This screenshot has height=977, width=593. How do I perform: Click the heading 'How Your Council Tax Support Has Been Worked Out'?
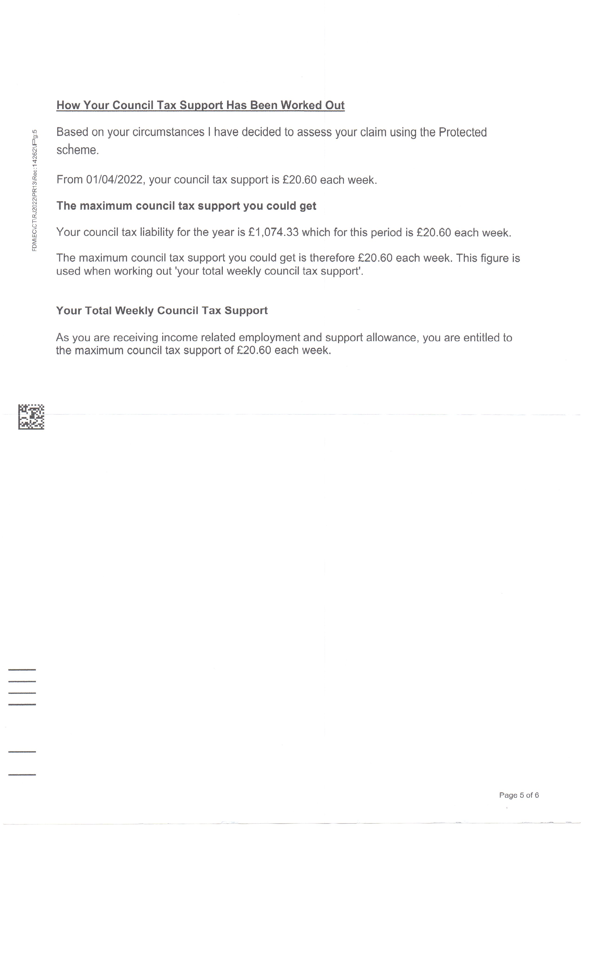(200, 105)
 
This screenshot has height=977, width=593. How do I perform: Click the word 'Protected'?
(462, 132)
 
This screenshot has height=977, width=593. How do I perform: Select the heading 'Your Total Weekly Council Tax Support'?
(162, 311)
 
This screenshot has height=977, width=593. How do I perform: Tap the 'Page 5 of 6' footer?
(519, 795)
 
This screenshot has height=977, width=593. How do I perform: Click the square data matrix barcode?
(31, 417)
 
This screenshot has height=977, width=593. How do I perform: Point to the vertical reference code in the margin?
(35, 190)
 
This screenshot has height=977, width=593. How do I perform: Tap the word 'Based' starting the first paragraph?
(72, 132)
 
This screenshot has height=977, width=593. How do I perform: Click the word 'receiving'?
(135, 338)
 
